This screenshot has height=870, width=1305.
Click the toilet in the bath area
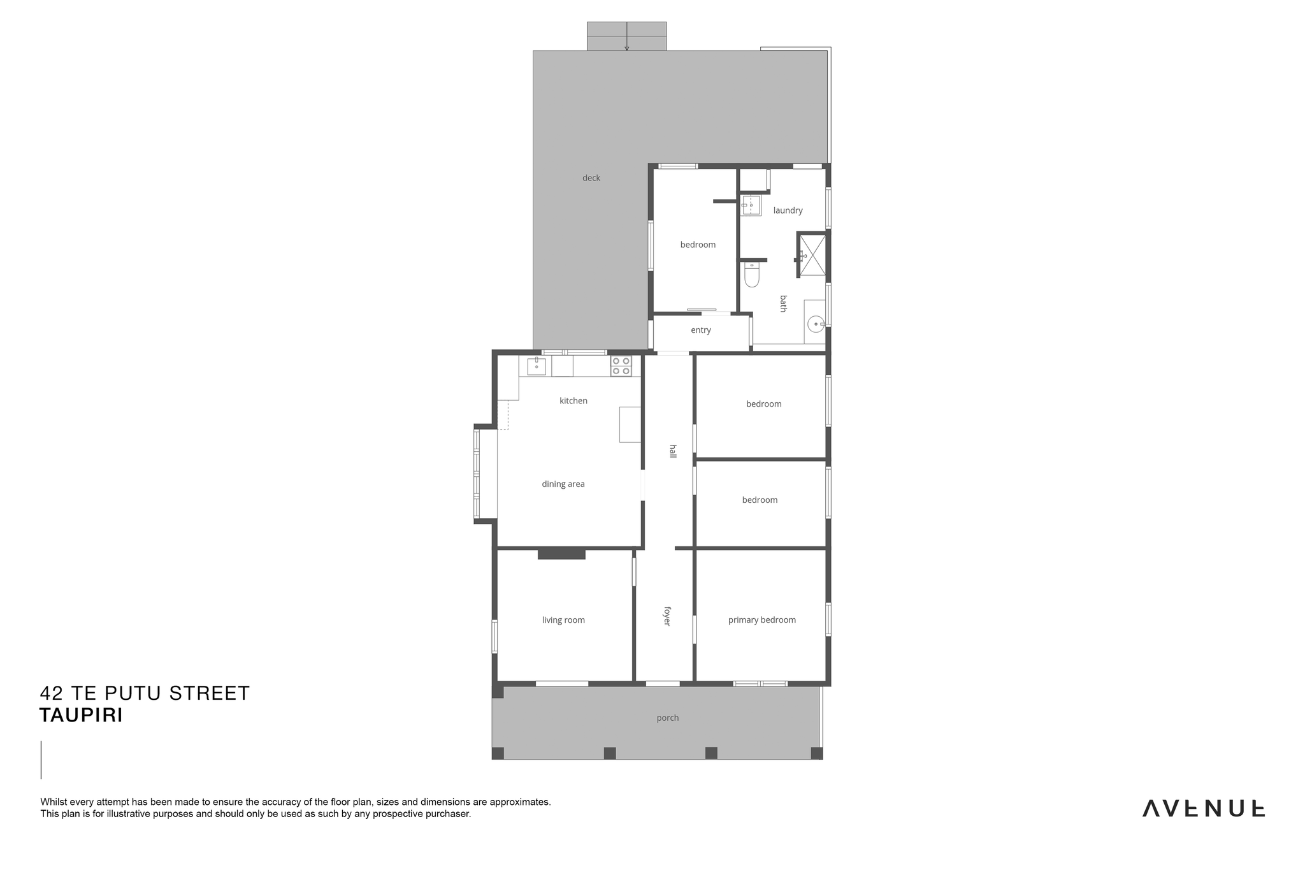(752, 275)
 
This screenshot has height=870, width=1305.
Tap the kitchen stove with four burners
(621, 366)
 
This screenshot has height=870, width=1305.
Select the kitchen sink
(537, 366)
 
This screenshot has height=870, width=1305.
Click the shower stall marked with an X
(812, 255)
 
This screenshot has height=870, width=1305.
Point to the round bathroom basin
(816, 324)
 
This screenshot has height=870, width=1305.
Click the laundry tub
(751, 205)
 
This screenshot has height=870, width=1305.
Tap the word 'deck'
(591, 178)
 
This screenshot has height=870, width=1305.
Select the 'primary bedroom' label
(762, 620)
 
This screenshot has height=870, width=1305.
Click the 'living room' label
(563, 620)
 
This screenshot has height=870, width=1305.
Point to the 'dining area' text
(563, 484)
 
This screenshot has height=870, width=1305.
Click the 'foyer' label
(667, 616)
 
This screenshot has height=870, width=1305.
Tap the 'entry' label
(701, 330)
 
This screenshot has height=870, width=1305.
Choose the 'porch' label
(668, 718)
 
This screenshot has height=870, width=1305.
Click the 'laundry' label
(788, 210)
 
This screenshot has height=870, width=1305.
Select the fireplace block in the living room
(561, 555)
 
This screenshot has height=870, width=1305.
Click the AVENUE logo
(1204, 808)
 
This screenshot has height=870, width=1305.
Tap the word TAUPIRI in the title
(81, 716)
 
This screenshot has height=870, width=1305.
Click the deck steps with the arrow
(627, 36)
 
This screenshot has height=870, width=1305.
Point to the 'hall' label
(673, 451)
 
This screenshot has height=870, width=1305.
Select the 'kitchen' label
(573, 401)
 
